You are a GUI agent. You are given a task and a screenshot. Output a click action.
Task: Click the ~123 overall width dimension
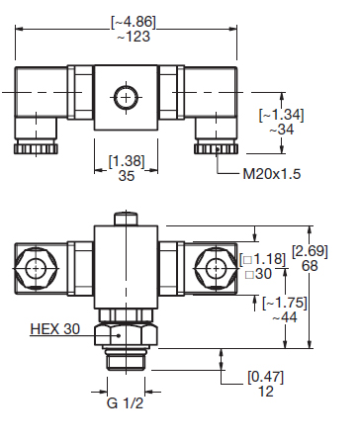pos(134,37)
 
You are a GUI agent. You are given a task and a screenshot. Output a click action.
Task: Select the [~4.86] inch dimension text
pos(134,22)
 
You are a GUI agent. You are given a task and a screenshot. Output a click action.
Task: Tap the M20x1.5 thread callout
pos(272,174)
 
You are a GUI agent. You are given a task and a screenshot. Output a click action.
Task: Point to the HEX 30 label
pos(55,328)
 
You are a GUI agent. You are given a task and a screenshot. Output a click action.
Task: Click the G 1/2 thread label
pos(126,402)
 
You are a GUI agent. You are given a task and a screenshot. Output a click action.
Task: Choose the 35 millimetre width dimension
pos(127,176)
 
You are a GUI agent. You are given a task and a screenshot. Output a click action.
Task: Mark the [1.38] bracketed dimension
pos(127,161)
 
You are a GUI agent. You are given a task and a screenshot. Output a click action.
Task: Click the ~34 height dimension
pos(282,130)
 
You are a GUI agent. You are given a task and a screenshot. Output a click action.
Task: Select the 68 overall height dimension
pos(310,265)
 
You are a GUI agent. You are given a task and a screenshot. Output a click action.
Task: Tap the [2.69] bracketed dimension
pos(310,251)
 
